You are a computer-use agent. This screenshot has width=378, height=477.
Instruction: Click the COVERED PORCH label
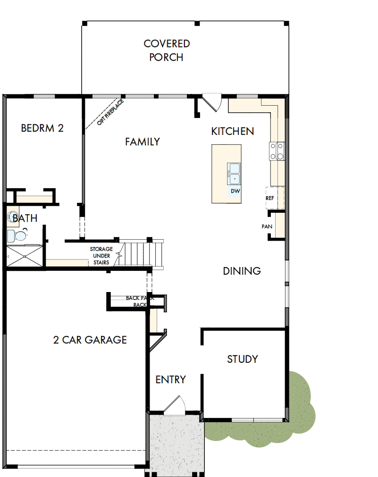click(x=167, y=50)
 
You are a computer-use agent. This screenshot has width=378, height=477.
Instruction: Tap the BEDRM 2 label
click(x=42, y=128)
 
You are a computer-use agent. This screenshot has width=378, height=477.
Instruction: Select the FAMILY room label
click(x=142, y=142)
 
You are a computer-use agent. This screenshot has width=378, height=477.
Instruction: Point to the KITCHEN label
click(x=232, y=131)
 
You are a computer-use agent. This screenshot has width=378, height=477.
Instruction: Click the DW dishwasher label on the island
click(x=235, y=191)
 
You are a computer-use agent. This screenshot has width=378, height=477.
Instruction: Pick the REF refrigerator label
click(x=270, y=198)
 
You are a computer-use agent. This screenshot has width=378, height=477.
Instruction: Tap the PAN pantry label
click(x=267, y=226)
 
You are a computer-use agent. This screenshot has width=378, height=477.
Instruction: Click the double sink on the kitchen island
click(x=235, y=173)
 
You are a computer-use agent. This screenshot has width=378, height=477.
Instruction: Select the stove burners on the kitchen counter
click(x=277, y=151)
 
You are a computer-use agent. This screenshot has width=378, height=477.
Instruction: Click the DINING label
click(x=242, y=271)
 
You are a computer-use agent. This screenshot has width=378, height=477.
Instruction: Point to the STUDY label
click(x=243, y=359)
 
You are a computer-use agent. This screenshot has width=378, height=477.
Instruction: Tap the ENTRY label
click(x=170, y=379)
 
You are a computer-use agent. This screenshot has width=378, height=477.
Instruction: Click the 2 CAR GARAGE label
click(x=90, y=340)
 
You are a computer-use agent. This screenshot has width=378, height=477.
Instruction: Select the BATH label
click(x=25, y=218)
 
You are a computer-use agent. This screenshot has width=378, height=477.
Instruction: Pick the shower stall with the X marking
click(x=24, y=257)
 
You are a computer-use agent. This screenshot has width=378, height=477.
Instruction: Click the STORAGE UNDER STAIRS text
click(x=101, y=255)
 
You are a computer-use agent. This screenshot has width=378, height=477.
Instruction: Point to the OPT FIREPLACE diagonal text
click(x=110, y=112)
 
